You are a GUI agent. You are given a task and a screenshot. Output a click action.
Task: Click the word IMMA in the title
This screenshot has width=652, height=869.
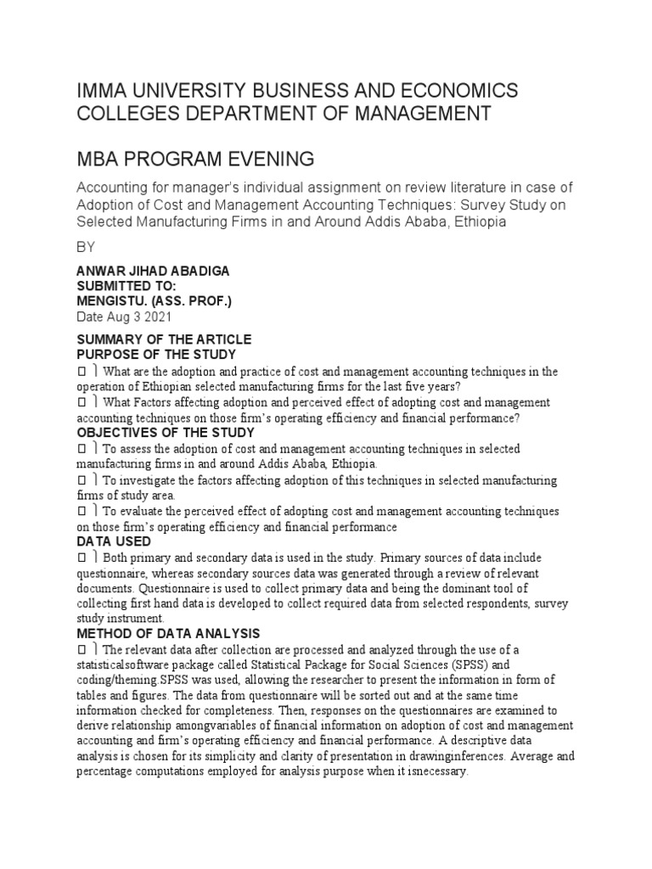coord(103,91)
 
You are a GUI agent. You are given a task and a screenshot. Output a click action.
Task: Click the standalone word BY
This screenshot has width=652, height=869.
coord(87,248)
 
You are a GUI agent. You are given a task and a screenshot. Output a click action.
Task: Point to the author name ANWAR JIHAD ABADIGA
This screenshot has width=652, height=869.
coord(153,271)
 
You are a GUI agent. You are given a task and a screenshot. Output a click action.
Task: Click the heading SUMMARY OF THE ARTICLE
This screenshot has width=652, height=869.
coord(164,340)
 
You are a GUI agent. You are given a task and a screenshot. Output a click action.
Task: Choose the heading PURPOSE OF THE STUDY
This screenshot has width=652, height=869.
coord(156,355)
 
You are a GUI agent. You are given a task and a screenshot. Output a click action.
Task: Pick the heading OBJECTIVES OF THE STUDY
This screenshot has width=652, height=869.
coord(166,433)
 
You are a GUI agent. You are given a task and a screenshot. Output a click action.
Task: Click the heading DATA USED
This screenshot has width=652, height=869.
coord(114,541)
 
